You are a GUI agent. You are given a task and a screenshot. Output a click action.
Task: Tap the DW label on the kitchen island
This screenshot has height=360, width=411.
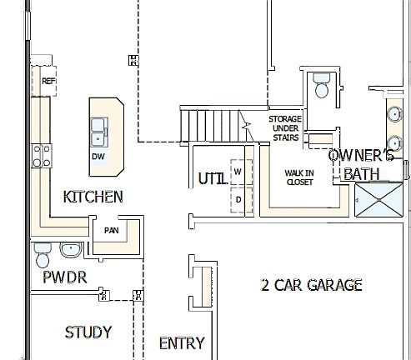tap(98, 156)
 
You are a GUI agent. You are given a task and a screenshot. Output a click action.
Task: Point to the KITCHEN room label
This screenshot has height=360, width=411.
tap(93, 197)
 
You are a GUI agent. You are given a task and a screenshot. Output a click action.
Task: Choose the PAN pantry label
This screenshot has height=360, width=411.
tap(111, 230)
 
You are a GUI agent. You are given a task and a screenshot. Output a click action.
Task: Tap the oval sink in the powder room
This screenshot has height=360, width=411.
tap(70, 249)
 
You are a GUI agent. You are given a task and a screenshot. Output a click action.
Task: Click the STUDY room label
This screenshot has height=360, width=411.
tap(88, 332)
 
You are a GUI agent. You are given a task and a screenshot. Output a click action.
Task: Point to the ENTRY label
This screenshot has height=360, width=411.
tap(182, 342)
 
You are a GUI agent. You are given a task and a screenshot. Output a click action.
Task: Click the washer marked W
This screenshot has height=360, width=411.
tap(238, 171)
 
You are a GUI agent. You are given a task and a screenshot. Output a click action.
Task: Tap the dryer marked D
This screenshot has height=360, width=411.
tap(238, 200)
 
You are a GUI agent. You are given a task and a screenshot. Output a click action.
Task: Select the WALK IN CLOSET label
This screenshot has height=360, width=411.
tap(299, 177)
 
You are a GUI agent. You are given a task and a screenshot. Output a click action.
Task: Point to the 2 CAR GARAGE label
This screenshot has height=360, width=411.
tap(312, 285)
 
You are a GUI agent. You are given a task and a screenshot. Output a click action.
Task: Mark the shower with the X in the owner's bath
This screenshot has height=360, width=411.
tap(379, 201)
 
